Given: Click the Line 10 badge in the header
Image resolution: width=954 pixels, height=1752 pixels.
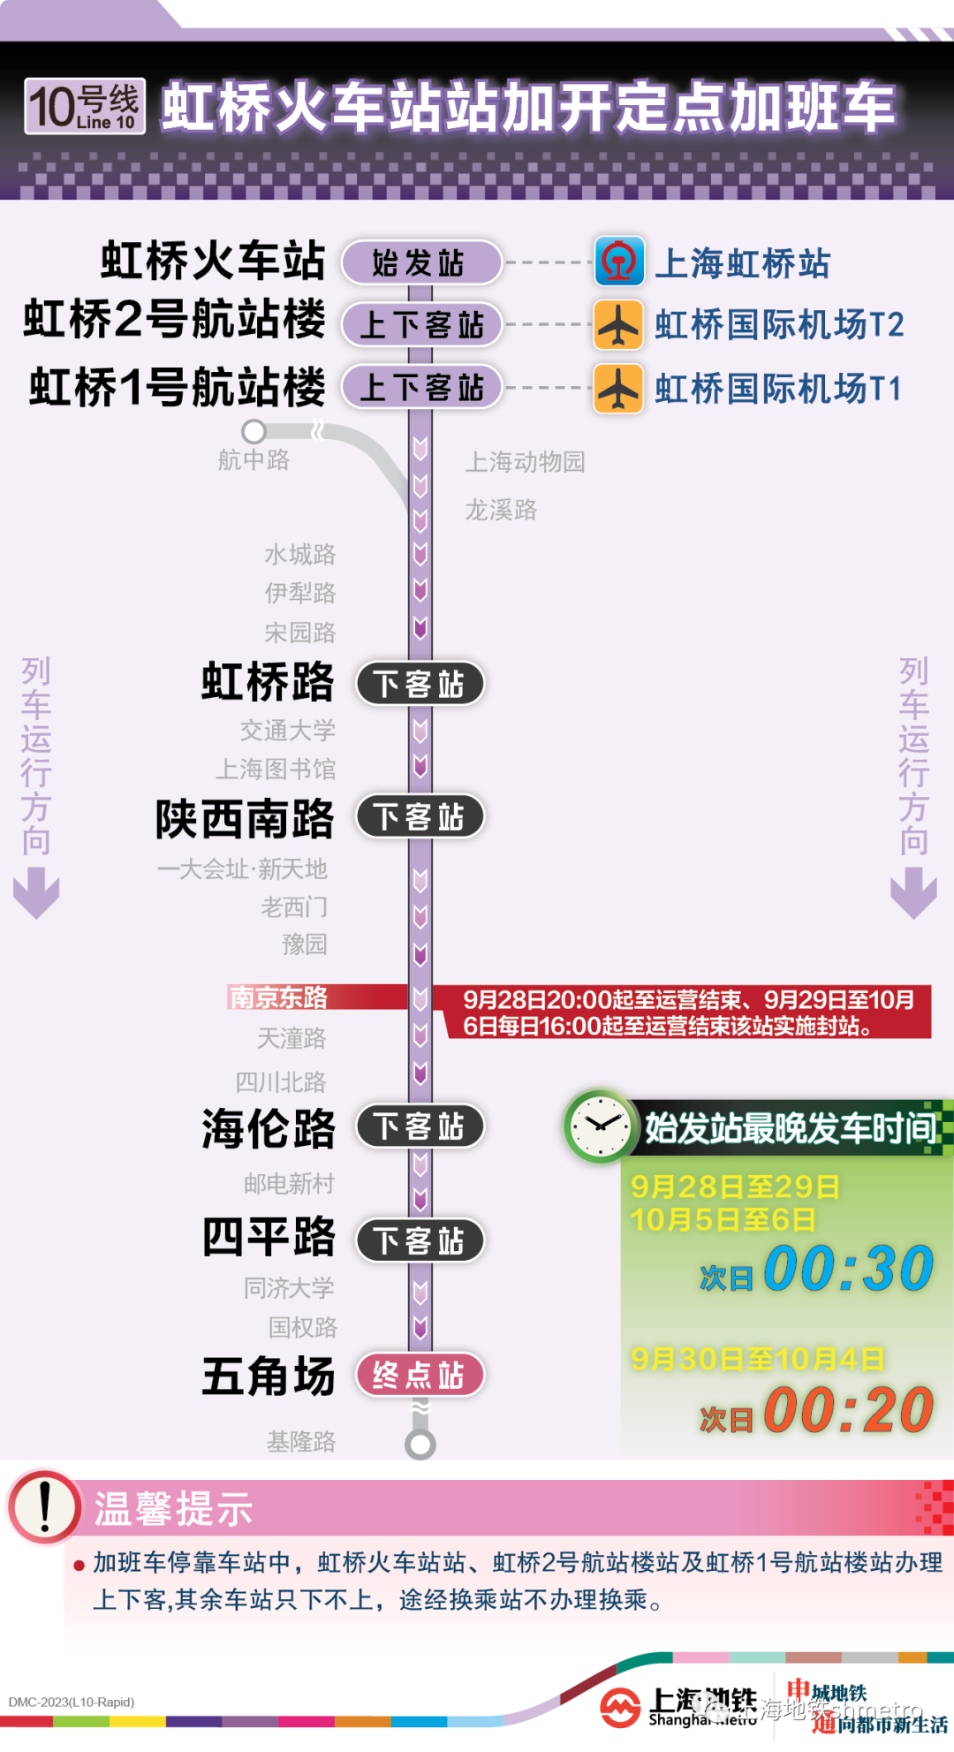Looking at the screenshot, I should tap(85, 107).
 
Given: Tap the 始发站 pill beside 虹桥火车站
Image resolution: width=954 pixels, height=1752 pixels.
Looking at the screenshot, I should tap(420, 262).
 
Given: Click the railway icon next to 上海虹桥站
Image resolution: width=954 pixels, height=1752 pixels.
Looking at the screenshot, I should tap(619, 262).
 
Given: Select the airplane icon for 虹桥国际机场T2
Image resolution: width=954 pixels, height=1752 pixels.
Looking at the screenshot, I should tap(618, 324).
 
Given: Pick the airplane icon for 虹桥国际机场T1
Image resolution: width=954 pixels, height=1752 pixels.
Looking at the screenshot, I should tap(618, 388).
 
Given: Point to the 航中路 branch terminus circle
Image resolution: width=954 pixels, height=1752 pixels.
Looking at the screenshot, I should tap(254, 431).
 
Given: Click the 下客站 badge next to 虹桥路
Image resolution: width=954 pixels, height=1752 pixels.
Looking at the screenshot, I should tap(420, 684).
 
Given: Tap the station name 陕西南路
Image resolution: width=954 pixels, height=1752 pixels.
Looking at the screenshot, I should tap(245, 819).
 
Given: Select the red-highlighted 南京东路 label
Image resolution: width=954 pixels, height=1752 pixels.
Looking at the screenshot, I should tap(278, 997).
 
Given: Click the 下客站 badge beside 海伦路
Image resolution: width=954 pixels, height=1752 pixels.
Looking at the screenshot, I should tap(420, 1126).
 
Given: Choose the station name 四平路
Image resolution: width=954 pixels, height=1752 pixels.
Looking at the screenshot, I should tap(269, 1237).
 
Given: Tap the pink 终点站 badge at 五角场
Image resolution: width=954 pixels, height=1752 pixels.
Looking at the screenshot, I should tap(420, 1375).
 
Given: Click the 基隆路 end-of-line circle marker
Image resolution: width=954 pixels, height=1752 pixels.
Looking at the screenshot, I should tap(420, 1445).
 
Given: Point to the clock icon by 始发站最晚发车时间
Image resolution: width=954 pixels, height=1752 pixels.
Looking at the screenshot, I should tap(600, 1126).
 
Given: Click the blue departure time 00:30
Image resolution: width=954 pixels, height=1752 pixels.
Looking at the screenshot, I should tap(848, 1269).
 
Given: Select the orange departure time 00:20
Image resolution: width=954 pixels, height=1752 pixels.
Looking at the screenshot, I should tap(848, 1409).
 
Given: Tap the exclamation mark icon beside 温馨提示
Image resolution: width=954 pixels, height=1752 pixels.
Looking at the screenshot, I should tap(44, 1506).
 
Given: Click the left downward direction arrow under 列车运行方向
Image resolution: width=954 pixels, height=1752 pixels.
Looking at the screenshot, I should tap(36, 892).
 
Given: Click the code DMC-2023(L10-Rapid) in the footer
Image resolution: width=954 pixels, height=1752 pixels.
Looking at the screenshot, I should tap(72, 1703).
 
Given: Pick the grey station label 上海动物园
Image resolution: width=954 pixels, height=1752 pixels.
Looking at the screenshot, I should tap(525, 461).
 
